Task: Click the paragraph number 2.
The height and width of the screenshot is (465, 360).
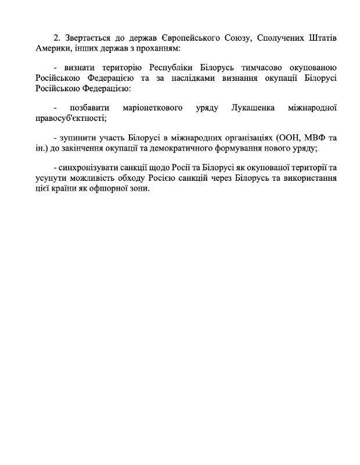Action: point(56,37)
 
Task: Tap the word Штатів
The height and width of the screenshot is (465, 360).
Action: point(321,37)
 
